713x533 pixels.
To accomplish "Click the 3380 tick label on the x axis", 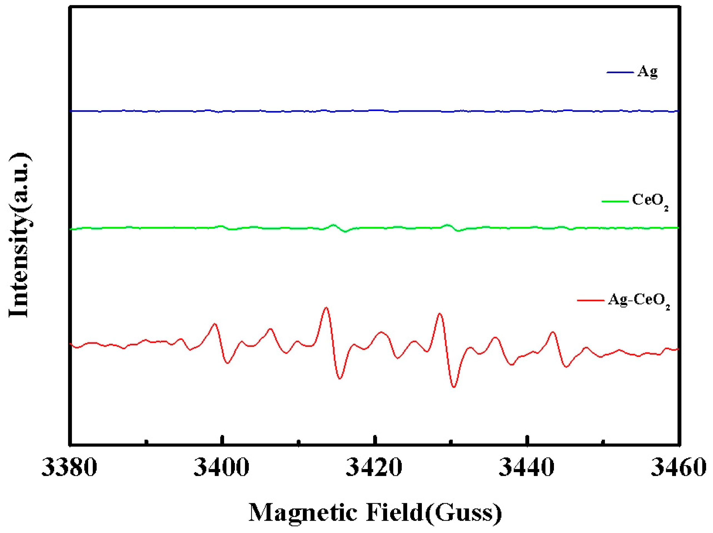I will (x=69, y=468).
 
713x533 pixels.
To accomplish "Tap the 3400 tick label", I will (x=221, y=468).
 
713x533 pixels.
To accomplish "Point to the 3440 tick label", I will (x=527, y=468).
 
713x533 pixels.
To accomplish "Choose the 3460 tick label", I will (x=679, y=468).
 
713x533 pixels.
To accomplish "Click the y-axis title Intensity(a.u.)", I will (x=20, y=235).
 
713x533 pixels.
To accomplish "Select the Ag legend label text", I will (x=647, y=72).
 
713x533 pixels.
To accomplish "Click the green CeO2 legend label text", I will (x=650, y=201).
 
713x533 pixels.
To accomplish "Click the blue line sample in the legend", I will (x=620, y=72).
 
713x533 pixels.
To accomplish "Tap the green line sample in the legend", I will (x=615, y=202).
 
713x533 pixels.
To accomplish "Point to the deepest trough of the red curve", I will (x=454, y=387).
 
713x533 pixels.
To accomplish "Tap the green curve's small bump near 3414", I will (x=333, y=225).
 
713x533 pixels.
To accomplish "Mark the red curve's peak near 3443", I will (x=553, y=332).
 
